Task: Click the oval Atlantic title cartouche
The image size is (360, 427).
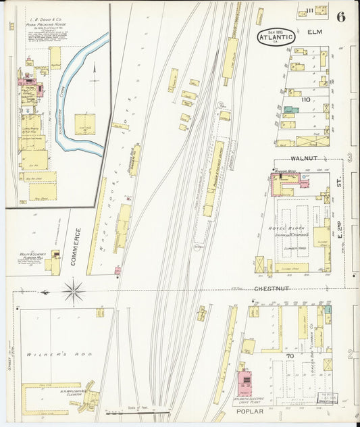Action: click(276, 37)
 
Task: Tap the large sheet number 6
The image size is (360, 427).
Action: click(341, 17)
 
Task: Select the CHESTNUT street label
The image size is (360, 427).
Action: click(272, 288)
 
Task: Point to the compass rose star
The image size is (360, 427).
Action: click(73, 292)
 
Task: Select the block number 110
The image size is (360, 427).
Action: click(305, 100)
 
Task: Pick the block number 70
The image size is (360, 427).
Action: click(290, 355)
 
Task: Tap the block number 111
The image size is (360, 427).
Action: click(309, 10)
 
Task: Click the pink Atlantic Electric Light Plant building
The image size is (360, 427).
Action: click(244, 382)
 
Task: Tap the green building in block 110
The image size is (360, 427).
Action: click(290, 109)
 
